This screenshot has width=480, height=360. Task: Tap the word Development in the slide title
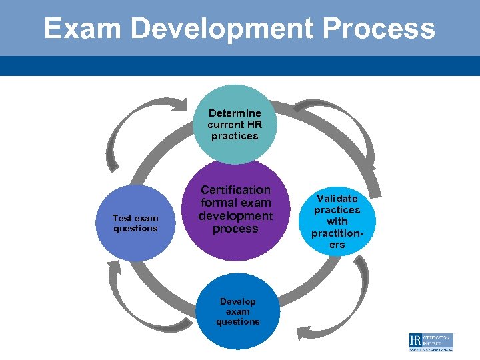(x=221, y=29)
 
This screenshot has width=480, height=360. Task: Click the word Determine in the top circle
(x=235, y=113)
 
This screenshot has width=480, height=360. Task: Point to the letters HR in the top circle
(x=253, y=125)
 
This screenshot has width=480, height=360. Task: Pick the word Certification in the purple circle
(x=236, y=190)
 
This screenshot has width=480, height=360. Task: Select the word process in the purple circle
(x=235, y=229)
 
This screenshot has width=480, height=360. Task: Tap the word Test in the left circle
(x=122, y=218)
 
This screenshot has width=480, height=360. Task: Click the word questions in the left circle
(x=135, y=228)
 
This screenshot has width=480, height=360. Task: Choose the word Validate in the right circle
(x=337, y=198)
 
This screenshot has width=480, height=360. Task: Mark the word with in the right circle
(x=337, y=221)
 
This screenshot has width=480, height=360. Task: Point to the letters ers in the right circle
(x=337, y=245)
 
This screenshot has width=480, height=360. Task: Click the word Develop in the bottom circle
(x=237, y=301)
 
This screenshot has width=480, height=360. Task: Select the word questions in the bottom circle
(x=237, y=321)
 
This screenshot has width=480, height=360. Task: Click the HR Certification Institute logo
(x=431, y=342)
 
